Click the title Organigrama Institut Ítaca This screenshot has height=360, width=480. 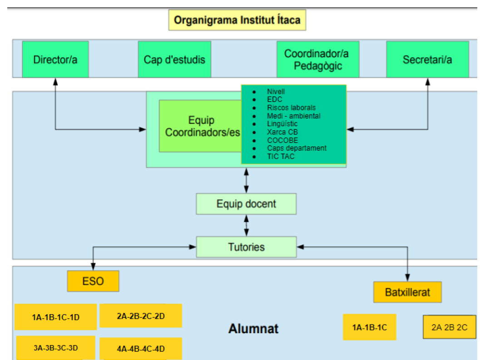pos(237,20)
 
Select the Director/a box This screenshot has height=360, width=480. pos(55,59)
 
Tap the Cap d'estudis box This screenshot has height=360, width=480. pos(174,59)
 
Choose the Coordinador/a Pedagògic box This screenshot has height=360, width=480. pos(317,59)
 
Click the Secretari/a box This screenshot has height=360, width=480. pos(427,59)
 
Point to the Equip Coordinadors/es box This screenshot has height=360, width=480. pos(202,126)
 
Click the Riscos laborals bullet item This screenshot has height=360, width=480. pos(291,108)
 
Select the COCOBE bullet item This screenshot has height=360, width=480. pos(282,140)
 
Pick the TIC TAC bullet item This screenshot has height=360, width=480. pos(281,157)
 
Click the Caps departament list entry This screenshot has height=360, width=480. pos(297,148)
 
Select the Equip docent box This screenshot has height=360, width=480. pos(246,204)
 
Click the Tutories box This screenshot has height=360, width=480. pos(246,247)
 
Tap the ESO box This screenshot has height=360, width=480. pos(93,281)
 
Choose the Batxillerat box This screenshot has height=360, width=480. pos(407,292)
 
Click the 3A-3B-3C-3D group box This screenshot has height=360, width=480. pos(55,348)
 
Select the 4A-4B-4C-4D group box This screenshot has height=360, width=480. pos(140,349)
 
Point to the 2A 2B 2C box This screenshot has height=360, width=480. pos(449,327)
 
